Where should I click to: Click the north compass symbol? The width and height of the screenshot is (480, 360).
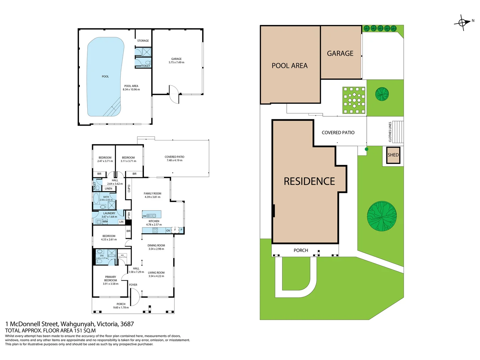coord(462,23)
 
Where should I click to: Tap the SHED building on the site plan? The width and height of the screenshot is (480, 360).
coord(393,155)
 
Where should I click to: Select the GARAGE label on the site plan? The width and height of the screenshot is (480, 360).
coord(340,53)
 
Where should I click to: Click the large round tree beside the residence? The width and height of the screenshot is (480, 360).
coord(382,216)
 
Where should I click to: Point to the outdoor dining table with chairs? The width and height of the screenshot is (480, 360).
coord(354,100)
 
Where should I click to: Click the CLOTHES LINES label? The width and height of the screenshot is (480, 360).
coord(390,132)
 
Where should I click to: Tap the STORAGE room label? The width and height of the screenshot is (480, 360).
coord(143,41)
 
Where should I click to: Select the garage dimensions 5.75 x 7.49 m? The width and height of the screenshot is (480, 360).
coord(176,62)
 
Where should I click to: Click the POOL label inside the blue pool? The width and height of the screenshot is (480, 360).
coord(105,77)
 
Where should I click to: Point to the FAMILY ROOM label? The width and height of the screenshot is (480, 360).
coord(152,193)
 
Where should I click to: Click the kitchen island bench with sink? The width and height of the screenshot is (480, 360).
coord(152,214)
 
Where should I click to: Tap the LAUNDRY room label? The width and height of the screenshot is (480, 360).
coord(109,213)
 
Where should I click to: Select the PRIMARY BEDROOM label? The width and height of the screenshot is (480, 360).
coord(111,279)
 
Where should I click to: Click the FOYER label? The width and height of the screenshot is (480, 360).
coord(133,285)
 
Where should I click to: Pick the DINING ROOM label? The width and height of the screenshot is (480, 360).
coord(156,245)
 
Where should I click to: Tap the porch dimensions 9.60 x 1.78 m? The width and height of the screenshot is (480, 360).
coord(121,308)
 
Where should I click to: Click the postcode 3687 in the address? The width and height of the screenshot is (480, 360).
coord(127,324)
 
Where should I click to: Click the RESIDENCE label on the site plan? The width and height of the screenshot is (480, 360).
coord(309,181)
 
